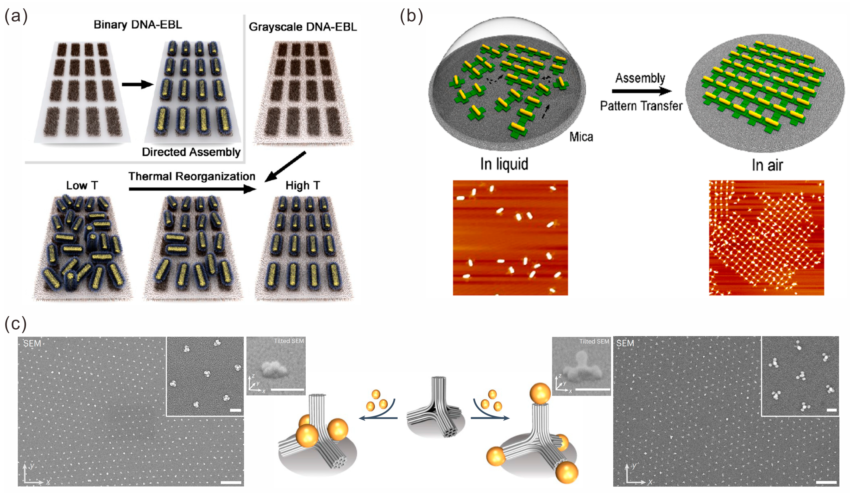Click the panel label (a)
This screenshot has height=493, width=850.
click(x=16, y=16)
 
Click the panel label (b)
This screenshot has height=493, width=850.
click(x=411, y=16)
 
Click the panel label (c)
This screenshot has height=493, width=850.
click(x=15, y=323)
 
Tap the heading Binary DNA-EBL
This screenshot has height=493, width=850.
click(x=138, y=25)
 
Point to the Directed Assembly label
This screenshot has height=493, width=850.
click(x=191, y=152)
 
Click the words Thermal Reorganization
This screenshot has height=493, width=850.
click(x=192, y=176)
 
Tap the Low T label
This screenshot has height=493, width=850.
click(x=82, y=185)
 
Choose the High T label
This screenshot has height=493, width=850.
click(x=303, y=185)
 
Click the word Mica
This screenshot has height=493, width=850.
click(x=581, y=137)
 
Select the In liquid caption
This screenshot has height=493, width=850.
click(x=504, y=164)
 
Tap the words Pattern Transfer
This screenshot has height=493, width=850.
click(x=641, y=106)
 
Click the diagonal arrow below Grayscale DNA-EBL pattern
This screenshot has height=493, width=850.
click(x=285, y=167)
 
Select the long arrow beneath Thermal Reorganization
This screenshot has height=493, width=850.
click(x=192, y=189)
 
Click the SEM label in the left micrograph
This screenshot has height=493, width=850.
click(x=32, y=344)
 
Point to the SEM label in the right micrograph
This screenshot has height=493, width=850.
click(x=625, y=343)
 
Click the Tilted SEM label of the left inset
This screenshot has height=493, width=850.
click(x=289, y=341)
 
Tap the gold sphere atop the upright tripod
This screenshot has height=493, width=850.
click(x=540, y=393)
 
